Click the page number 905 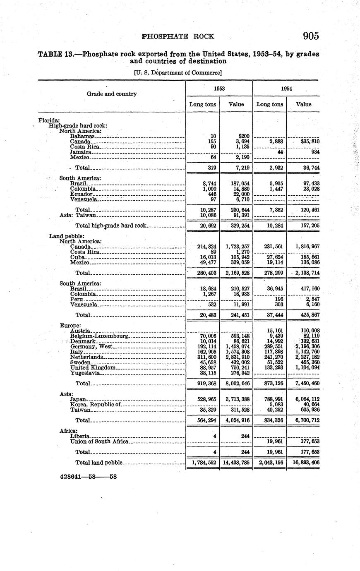point(310,36)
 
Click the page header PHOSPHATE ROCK point(178,36)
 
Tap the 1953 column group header point(219,89)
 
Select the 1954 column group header point(286,89)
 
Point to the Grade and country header point(111,94)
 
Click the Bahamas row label point(83,136)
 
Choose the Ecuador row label point(82,194)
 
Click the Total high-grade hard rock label point(111,226)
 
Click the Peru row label point(77,299)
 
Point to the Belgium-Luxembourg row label point(99,336)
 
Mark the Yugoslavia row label point(85,373)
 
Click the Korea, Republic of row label point(95,404)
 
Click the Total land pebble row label point(99,462)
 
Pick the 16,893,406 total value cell point(303,462)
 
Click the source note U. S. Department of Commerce point(178,73)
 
